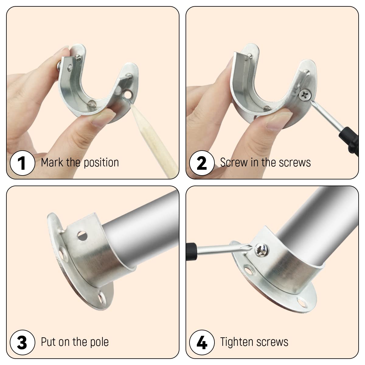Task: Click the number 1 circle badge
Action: [22, 163]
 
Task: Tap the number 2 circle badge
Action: [202, 163]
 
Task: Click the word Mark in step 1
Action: [52, 162]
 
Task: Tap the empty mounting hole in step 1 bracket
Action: [128, 95]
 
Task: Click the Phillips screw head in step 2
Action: [305, 95]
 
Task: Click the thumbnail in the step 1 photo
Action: [103, 118]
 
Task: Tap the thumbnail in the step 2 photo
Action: [279, 121]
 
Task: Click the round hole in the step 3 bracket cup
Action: [82, 236]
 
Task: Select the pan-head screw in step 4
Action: [262, 250]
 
